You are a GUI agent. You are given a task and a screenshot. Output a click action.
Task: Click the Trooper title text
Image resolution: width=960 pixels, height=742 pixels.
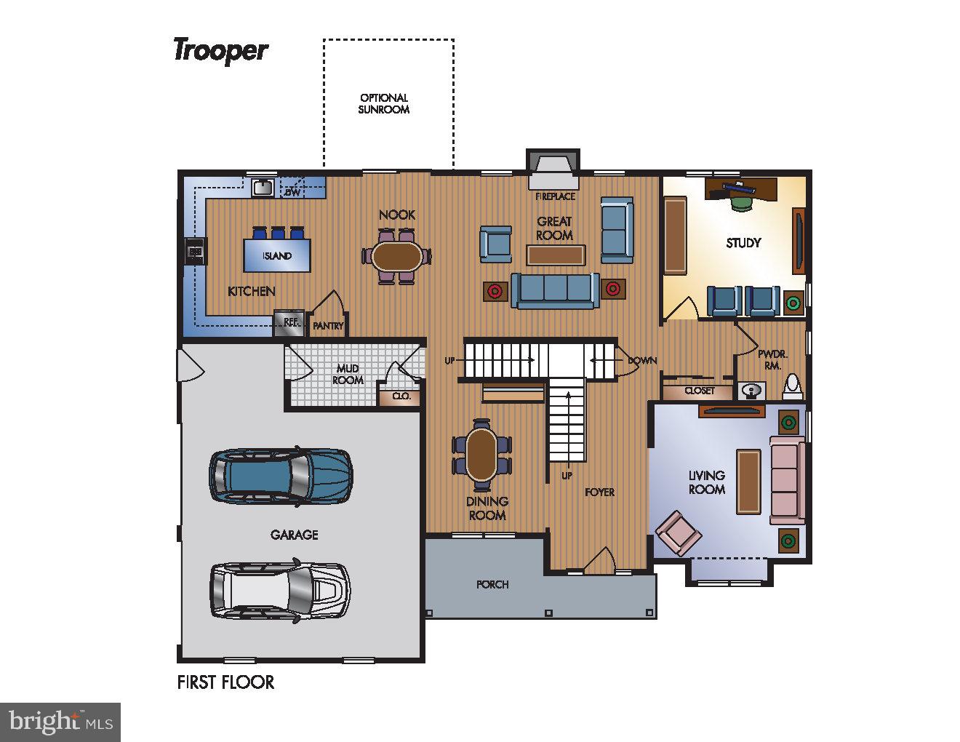[x=221, y=51]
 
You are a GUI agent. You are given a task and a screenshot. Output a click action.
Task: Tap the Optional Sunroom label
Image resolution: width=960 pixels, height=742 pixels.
[x=383, y=104]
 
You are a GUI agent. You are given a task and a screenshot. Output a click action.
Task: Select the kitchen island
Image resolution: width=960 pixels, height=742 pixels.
[x=277, y=255]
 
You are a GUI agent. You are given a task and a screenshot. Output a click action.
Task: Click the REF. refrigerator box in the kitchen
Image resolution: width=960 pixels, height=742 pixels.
[x=289, y=322]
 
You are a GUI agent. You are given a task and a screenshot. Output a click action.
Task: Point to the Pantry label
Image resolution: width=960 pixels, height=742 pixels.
[x=328, y=326]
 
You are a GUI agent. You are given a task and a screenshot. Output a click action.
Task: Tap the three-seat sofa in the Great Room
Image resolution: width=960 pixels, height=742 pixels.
[x=556, y=290]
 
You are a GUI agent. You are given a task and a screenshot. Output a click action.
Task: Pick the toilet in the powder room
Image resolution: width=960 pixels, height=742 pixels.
[x=792, y=388]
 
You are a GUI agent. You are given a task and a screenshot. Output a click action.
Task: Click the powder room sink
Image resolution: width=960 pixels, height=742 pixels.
[x=751, y=391]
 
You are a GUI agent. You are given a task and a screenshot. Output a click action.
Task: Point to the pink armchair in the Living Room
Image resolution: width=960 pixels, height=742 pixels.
[x=678, y=532]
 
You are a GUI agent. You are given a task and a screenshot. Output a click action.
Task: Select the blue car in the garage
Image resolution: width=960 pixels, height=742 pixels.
[x=281, y=476]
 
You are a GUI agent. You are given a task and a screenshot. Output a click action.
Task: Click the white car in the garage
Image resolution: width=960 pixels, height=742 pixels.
[x=280, y=590]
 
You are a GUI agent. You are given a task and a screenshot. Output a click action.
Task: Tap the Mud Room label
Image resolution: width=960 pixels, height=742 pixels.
[x=348, y=375]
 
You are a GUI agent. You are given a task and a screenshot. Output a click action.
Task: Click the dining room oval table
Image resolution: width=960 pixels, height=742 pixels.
[x=481, y=455]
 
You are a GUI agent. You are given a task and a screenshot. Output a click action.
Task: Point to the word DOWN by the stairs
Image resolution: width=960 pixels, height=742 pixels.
[x=642, y=361]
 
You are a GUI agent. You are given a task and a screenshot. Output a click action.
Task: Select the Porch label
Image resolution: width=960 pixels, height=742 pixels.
[x=492, y=585]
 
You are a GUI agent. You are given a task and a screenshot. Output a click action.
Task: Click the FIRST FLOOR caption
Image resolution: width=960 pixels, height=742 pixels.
[x=225, y=682]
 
